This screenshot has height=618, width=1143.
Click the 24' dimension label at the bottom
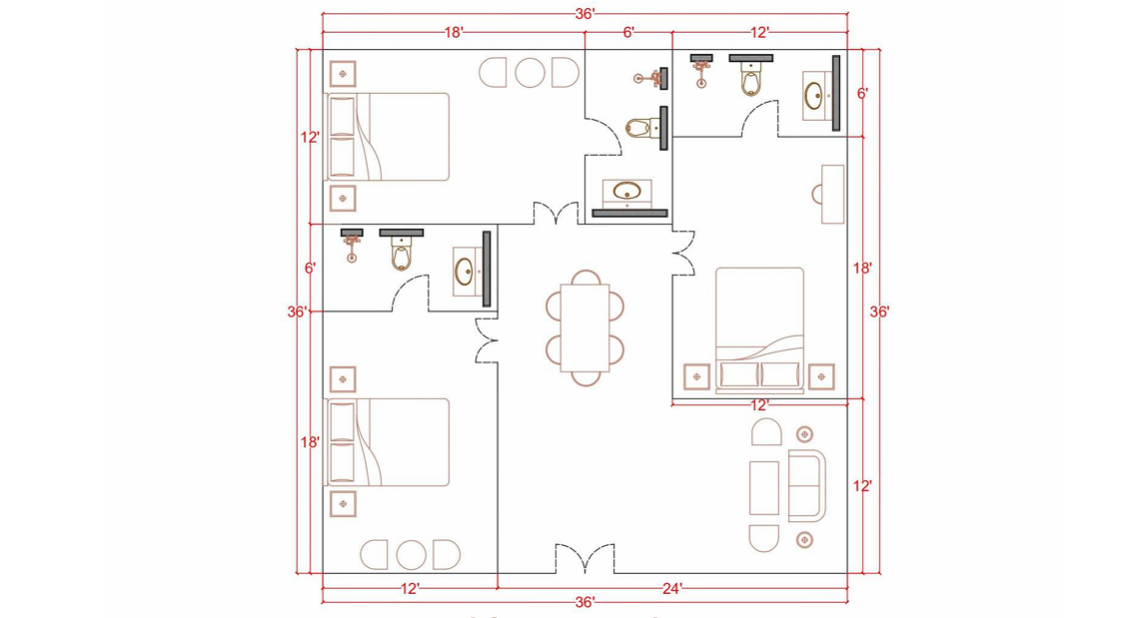point(672,590)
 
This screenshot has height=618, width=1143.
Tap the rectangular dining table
point(584,326)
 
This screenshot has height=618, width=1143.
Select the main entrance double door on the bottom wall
point(584,560)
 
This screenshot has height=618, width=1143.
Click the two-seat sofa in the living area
point(807,485)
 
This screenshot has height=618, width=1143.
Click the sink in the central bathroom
point(627,191)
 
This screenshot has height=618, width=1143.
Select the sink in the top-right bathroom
point(814,97)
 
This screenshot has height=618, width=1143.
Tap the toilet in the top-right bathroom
point(750,78)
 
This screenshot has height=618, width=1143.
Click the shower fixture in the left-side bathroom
point(352,245)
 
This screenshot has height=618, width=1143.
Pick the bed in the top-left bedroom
point(388,137)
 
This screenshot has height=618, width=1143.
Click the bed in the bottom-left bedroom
point(388,442)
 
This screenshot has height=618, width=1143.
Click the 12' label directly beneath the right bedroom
point(759,405)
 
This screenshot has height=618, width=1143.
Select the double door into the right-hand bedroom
point(683,253)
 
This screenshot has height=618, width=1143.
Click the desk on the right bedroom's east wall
point(831,194)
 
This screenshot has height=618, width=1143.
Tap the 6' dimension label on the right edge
point(862,93)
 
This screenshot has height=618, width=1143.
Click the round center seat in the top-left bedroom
point(530,72)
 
